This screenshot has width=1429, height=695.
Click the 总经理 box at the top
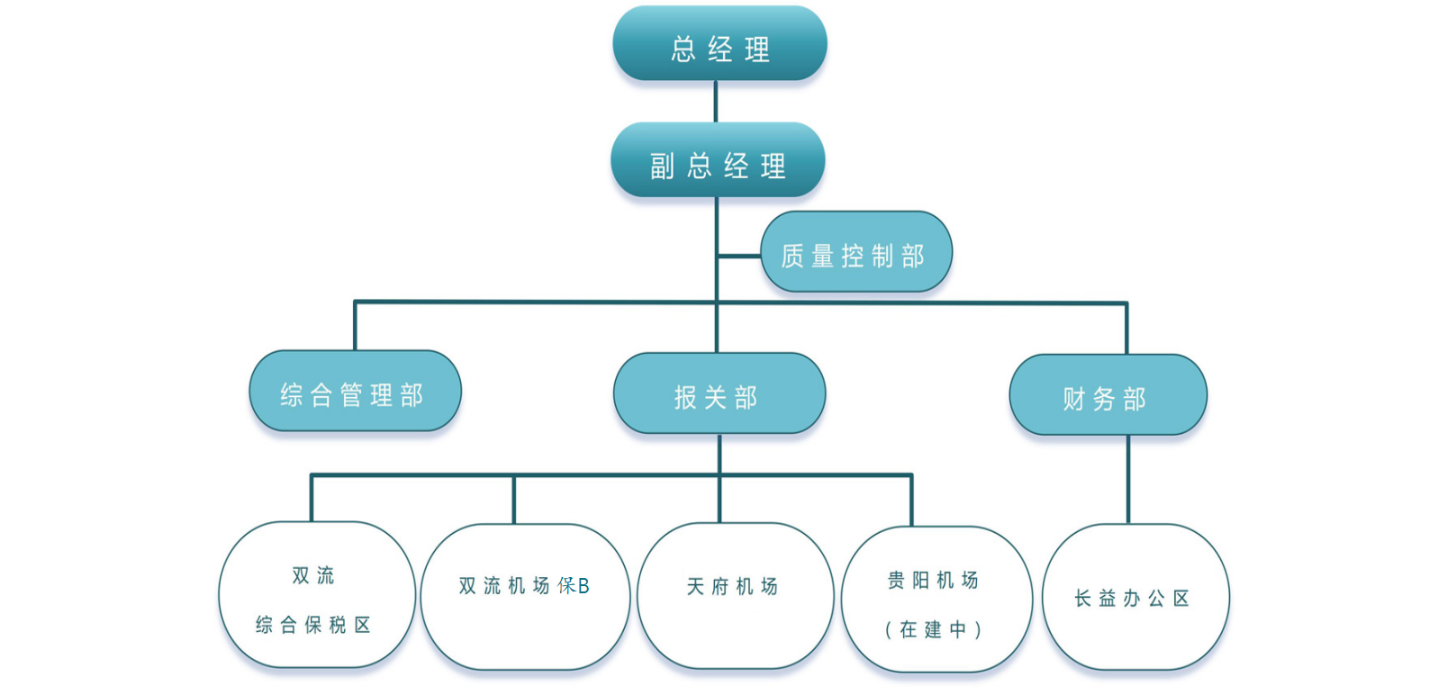pos(719,44)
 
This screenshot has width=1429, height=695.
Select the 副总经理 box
pos(718,161)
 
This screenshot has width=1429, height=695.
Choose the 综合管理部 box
pos(355,392)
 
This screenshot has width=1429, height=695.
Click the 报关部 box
pos(719,394)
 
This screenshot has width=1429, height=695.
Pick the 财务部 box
pos(1108,396)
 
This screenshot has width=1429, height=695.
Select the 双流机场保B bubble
pos(525,596)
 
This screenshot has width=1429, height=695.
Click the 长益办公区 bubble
pos(1135,597)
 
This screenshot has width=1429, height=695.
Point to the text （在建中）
pos(934,629)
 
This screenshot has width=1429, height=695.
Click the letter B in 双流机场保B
pos(583,586)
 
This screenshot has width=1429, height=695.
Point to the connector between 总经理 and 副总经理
pos(716,102)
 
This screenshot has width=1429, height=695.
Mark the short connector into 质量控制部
pos(739,256)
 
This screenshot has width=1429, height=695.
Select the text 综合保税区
pos(312,625)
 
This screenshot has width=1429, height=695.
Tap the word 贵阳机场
pos(933,581)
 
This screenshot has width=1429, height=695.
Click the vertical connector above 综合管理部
pos(355,326)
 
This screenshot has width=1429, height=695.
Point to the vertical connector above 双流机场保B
pos(514,499)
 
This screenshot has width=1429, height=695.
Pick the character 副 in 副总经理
pos(662,166)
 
